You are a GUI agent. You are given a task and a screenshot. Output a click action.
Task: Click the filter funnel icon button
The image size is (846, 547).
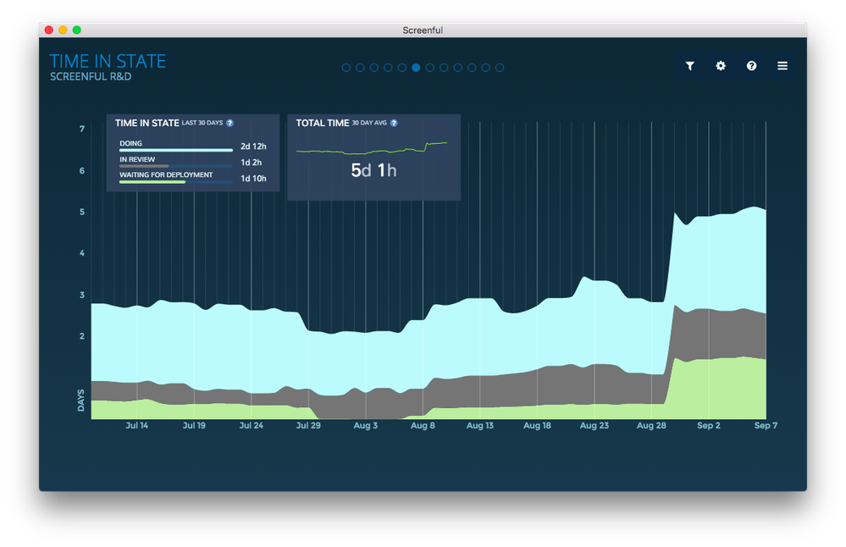click(x=690, y=66)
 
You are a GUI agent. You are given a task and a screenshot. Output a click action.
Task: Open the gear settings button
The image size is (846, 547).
click(x=721, y=66)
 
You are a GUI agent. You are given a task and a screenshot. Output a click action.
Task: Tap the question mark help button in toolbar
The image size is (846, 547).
click(x=751, y=66)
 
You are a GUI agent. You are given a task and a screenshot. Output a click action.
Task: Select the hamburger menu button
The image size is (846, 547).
click(x=782, y=66)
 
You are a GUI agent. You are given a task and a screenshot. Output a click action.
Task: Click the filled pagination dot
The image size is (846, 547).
click(x=416, y=68)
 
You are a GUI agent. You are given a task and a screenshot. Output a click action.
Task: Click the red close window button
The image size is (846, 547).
click(x=49, y=30)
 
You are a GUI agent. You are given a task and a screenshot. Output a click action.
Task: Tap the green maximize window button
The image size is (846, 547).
click(x=76, y=30)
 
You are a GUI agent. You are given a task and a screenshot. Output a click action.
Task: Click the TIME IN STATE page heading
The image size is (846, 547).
click(x=108, y=61)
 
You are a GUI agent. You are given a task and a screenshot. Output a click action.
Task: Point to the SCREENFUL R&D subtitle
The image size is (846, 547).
click(x=91, y=77)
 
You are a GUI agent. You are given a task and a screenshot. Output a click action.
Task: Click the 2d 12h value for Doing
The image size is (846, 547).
click(x=253, y=146)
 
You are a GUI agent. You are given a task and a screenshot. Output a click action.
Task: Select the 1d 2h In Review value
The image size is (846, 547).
click(x=252, y=163)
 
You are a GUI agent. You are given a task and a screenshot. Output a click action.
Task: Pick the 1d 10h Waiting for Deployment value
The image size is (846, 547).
click(x=253, y=179)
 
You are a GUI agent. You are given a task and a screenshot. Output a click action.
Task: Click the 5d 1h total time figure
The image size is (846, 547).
click(x=373, y=170)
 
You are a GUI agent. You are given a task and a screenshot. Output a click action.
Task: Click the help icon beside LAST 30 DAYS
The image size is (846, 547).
click(x=229, y=123)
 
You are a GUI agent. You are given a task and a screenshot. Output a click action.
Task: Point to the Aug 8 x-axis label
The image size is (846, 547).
click(x=423, y=426)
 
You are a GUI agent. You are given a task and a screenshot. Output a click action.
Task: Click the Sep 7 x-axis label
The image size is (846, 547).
click(x=766, y=426)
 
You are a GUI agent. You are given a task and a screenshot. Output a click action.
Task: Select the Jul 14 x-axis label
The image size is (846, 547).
click(x=136, y=426)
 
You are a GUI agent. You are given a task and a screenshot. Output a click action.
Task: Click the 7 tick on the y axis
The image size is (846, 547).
click(x=82, y=129)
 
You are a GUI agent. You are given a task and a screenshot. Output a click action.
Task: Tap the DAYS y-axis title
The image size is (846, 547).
click(x=81, y=401)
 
